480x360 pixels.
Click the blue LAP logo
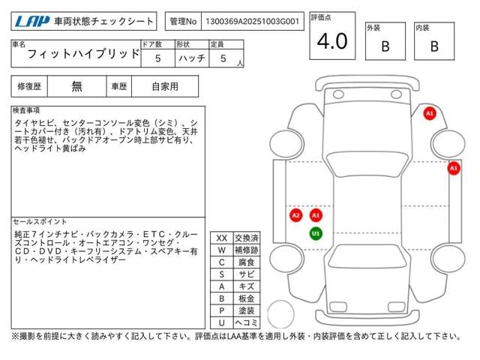click(x=32, y=21)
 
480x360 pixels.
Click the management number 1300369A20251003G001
click(x=252, y=21)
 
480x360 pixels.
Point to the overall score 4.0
click(x=332, y=41)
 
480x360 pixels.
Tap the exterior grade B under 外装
click(x=385, y=46)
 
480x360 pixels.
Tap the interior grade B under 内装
click(x=434, y=46)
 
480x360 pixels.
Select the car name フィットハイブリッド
click(x=83, y=54)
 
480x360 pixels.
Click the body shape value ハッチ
click(x=192, y=58)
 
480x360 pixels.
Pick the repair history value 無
click(x=76, y=87)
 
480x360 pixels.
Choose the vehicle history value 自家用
click(x=165, y=87)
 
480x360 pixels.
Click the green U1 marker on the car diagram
click(x=316, y=233)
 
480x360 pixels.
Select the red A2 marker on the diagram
click(x=295, y=215)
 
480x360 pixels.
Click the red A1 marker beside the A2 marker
click(x=316, y=215)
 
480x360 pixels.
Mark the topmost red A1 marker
click(x=430, y=113)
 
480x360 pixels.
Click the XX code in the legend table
click(x=222, y=238)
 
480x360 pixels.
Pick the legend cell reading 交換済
click(x=247, y=238)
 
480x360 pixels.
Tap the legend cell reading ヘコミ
click(x=247, y=322)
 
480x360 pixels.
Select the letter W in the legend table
click(x=222, y=250)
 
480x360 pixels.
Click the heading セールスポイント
click(x=40, y=222)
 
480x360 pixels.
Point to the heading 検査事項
click(x=26, y=110)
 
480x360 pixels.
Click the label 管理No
click(x=183, y=21)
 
